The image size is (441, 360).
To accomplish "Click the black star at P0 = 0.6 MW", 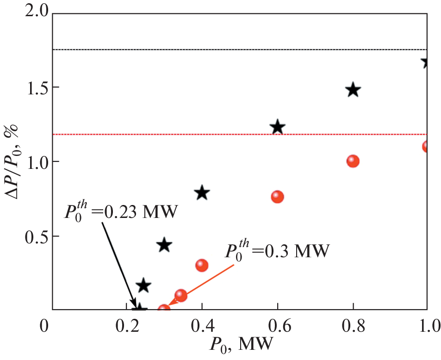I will pyautogui.click(x=278, y=127).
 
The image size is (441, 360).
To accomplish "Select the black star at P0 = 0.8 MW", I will pyautogui.click(x=353, y=90).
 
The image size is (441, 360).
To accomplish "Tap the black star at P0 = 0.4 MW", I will pyautogui.click(x=202, y=193).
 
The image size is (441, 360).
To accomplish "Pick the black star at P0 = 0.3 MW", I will pyautogui.click(x=164, y=245).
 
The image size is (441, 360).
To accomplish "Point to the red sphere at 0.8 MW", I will pyautogui.click(x=353, y=161).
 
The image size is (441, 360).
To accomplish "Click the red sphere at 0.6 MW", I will pyautogui.click(x=277, y=197).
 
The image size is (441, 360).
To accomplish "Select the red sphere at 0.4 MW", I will pyautogui.click(x=202, y=265).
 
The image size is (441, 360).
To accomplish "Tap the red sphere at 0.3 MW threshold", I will pyautogui.click(x=164, y=309).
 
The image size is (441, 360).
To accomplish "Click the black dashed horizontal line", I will pyautogui.click(x=231, y=50).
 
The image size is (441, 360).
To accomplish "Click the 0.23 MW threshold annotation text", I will pyautogui.click(x=120, y=214).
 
